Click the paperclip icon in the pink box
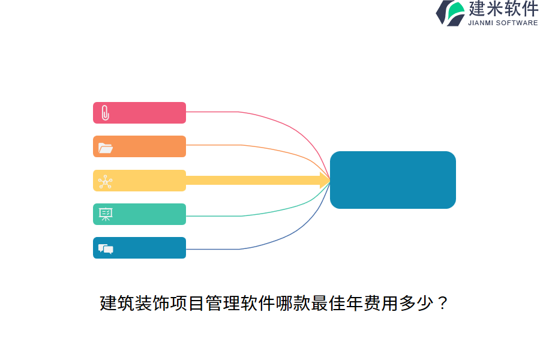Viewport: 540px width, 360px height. coord(106,113)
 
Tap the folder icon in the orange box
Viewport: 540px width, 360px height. coord(106,148)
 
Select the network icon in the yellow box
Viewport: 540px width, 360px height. coord(106,182)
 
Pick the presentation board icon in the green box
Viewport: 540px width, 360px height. coord(106,214)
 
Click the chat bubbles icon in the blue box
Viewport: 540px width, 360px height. coord(106,249)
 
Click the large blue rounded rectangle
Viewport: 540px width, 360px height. coord(393,180)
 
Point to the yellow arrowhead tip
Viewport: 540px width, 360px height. coord(330,180)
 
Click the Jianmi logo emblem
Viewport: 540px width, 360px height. coord(451,13)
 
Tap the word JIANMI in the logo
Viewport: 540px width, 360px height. coord(481,23)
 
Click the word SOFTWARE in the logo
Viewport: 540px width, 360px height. coord(517,23)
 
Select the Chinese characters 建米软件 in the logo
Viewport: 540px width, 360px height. coord(503,8)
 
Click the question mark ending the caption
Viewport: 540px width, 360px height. coord(443,303)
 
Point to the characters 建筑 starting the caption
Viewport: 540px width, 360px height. coord(117,303)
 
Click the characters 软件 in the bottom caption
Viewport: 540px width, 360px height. coord(257,303)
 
